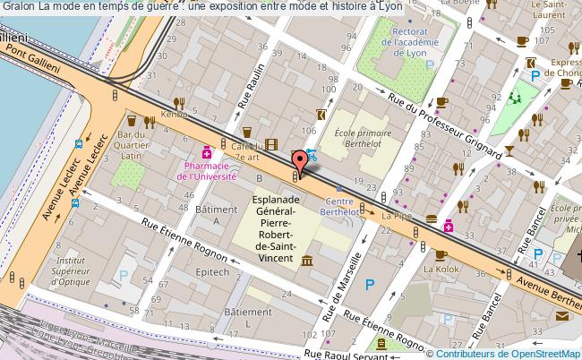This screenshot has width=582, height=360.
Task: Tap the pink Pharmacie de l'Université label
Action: click(x=207, y=170)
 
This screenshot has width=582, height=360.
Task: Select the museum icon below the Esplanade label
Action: click(x=307, y=261)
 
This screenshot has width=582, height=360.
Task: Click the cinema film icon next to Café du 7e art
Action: click(x=271, y=145)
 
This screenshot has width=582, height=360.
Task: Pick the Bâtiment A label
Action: click(x=213, y=215)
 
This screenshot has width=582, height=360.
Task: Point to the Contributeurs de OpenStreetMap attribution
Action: click(x=507, y=353)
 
